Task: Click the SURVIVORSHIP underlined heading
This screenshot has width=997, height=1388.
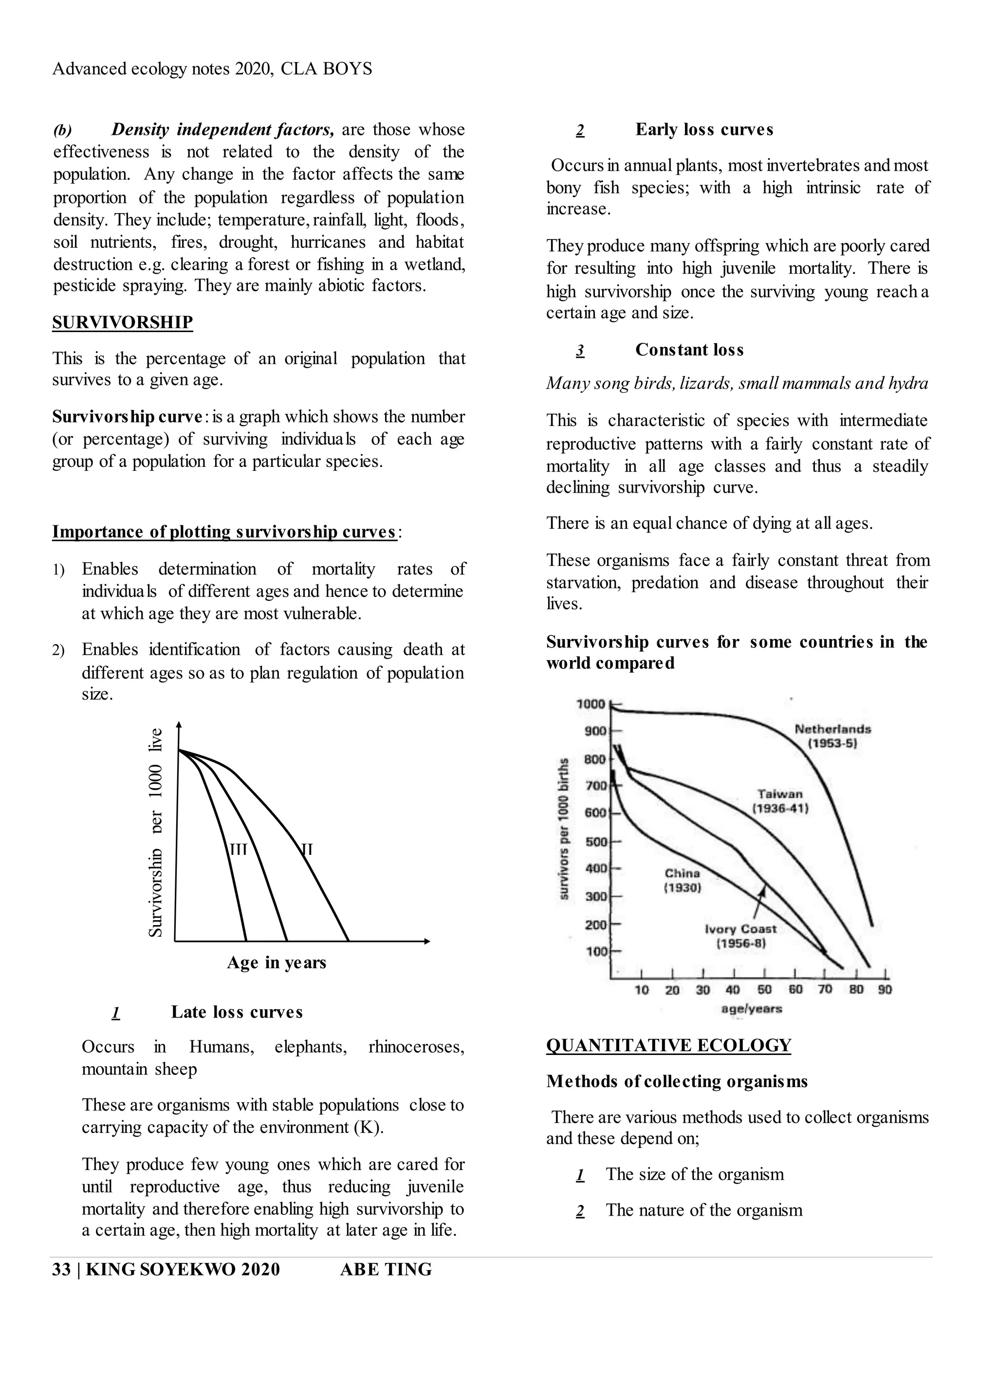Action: pos(122,322)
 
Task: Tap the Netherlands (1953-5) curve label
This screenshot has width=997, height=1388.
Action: pos(832,736)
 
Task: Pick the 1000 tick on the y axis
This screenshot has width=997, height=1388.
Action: pos(591,704)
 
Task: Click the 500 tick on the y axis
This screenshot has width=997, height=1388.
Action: pos(595,841)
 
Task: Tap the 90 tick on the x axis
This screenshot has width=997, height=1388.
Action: pos(885,990)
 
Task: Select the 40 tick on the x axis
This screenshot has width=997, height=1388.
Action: pos(733,990)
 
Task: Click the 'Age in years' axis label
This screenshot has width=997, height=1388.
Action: pos(276,962)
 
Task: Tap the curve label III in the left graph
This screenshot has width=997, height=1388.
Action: pos(238,849)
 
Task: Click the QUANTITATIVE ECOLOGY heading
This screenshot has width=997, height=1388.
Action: pos(668,1045)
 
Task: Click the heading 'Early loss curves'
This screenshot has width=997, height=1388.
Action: pos(704,130)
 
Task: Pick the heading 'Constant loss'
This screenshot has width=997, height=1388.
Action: pos(689,350)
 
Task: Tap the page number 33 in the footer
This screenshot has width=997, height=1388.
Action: pos(61,1269)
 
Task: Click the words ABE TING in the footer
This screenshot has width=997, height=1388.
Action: pos(386,1269)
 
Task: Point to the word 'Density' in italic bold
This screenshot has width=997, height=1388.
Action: pos(140,130)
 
